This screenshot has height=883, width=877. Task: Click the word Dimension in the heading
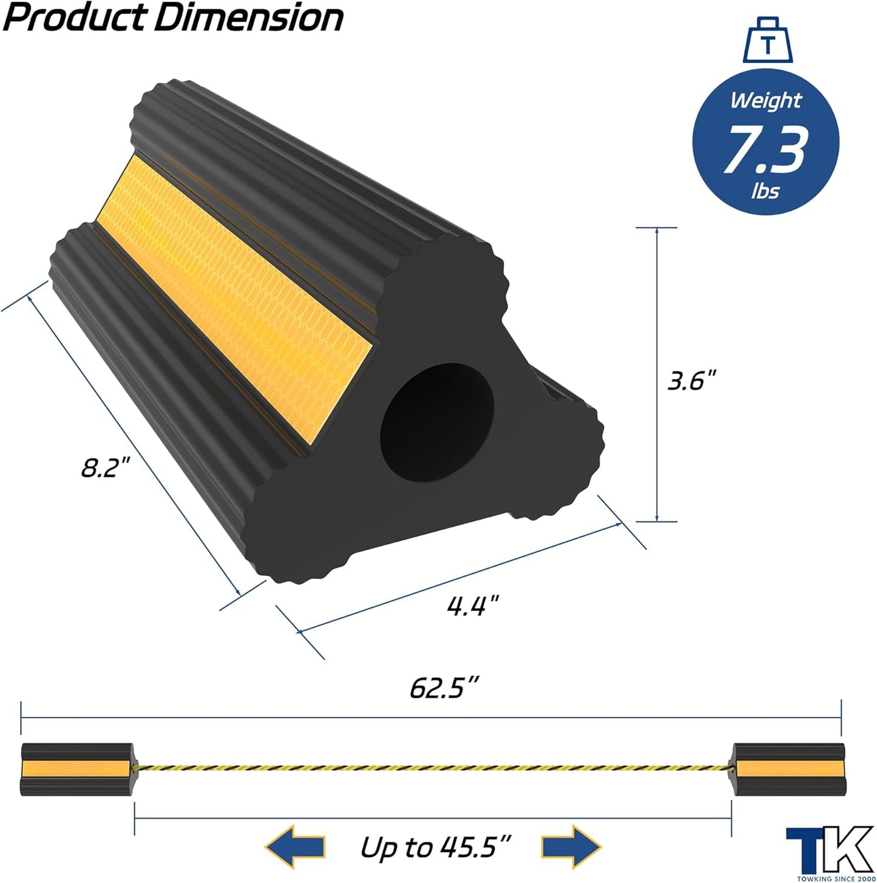coord(248,18)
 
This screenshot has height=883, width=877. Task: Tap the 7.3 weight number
coord(767,149)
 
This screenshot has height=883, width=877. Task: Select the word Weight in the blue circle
coord(765,100)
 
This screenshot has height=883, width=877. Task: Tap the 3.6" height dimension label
coord(691,381)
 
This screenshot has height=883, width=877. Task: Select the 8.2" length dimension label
coord(106,468)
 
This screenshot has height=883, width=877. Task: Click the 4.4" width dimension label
coord(473,605)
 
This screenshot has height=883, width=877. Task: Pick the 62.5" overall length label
coord(445,688)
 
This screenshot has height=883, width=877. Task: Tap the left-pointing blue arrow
coord(294,847)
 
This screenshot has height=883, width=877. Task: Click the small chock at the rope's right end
coord(787,769)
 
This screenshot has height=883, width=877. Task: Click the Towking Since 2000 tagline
coord(835,878)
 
